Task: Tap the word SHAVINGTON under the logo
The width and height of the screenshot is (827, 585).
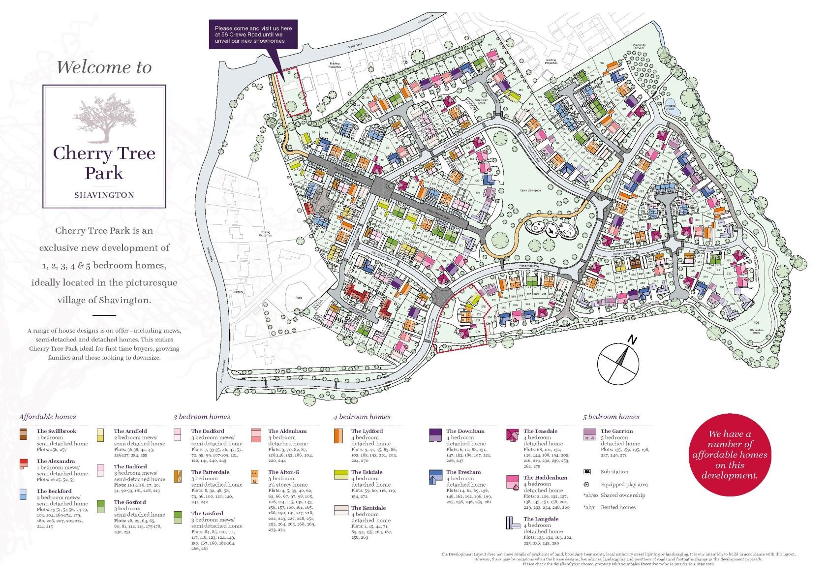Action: point(104,195)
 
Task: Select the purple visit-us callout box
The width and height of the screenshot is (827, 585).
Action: point(253,35)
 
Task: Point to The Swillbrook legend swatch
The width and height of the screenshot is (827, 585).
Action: point(23,434)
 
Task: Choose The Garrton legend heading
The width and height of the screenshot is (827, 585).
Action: point(616,431)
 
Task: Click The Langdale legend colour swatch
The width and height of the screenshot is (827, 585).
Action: point(512,523)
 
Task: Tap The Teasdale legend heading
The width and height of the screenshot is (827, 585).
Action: point(540,431)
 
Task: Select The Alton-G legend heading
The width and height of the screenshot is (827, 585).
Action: point(283,472)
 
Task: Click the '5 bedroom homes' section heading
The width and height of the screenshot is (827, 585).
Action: point(611,417)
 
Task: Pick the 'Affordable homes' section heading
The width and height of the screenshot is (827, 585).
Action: point(48,417)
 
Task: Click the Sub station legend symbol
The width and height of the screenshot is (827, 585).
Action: point(587,471)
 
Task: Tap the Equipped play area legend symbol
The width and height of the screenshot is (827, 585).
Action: point(586,485)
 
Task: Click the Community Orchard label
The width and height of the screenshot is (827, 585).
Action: point(638,47)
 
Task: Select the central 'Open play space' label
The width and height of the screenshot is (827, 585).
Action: point(530,190)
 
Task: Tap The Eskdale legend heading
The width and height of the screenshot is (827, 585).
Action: point(367,472)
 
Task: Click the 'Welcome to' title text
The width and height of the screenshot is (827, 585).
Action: point(104,67)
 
